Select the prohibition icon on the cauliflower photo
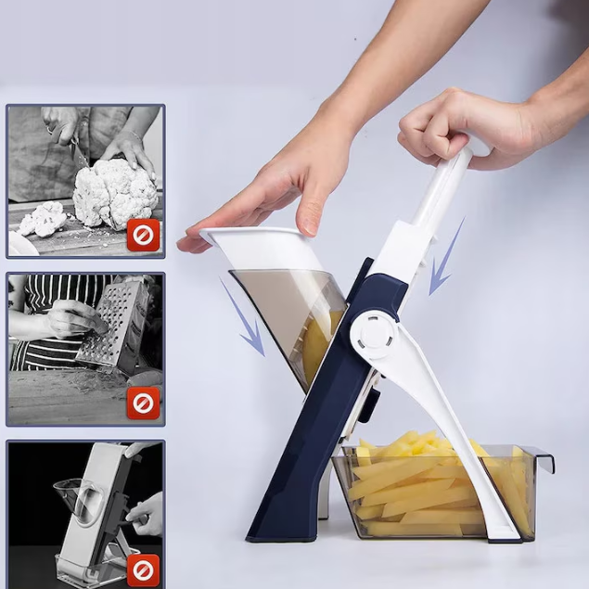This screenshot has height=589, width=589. tap(143, 236)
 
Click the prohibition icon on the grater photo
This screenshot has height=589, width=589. tap(143, 403)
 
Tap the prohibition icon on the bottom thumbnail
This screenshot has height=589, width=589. tap(143, 568)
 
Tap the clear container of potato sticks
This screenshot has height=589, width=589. tap(436, 492)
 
